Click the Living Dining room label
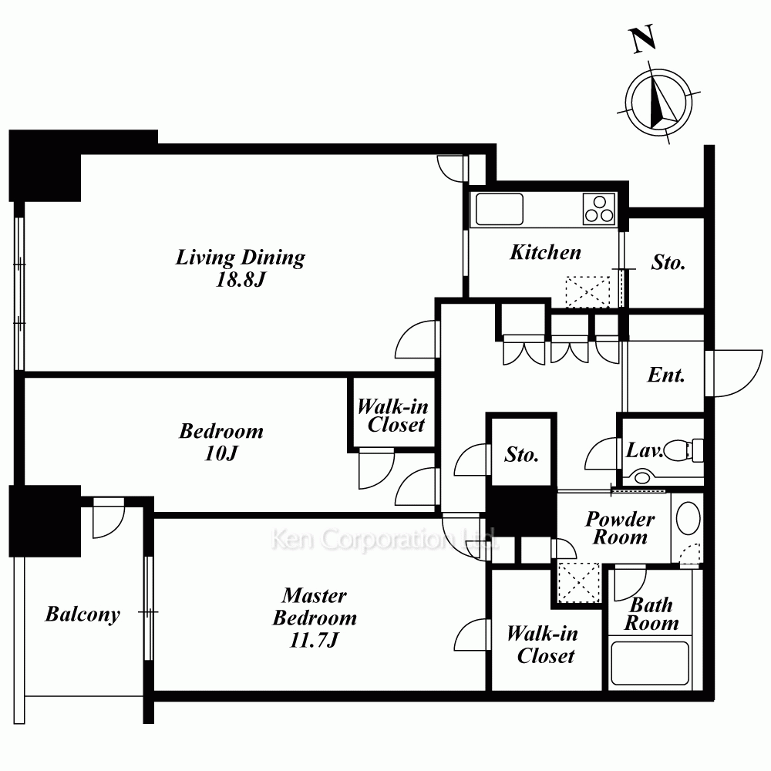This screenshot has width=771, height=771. (241, 258)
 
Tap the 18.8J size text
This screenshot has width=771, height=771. (241, 280)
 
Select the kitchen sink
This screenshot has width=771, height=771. (499, 209)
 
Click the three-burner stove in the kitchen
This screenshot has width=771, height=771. (599, 208)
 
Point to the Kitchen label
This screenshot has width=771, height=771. (545, 252)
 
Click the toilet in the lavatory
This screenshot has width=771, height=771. (683, 449)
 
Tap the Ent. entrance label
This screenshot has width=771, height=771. (666, 375)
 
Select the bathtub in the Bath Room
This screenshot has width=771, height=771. (649, 663)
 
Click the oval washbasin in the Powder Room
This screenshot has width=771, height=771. (688, 518)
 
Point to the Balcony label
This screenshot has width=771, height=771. (82, 614)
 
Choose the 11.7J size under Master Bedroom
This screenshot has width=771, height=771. (315, 640)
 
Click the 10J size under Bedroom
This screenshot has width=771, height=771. (221, 453)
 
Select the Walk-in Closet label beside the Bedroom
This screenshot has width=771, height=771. (393, 416)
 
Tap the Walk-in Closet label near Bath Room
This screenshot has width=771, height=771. (543, 645)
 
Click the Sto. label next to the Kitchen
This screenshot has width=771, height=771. (668, 262)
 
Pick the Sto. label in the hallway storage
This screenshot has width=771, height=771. (521, 454)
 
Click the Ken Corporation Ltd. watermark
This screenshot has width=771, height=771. (385, 539)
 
